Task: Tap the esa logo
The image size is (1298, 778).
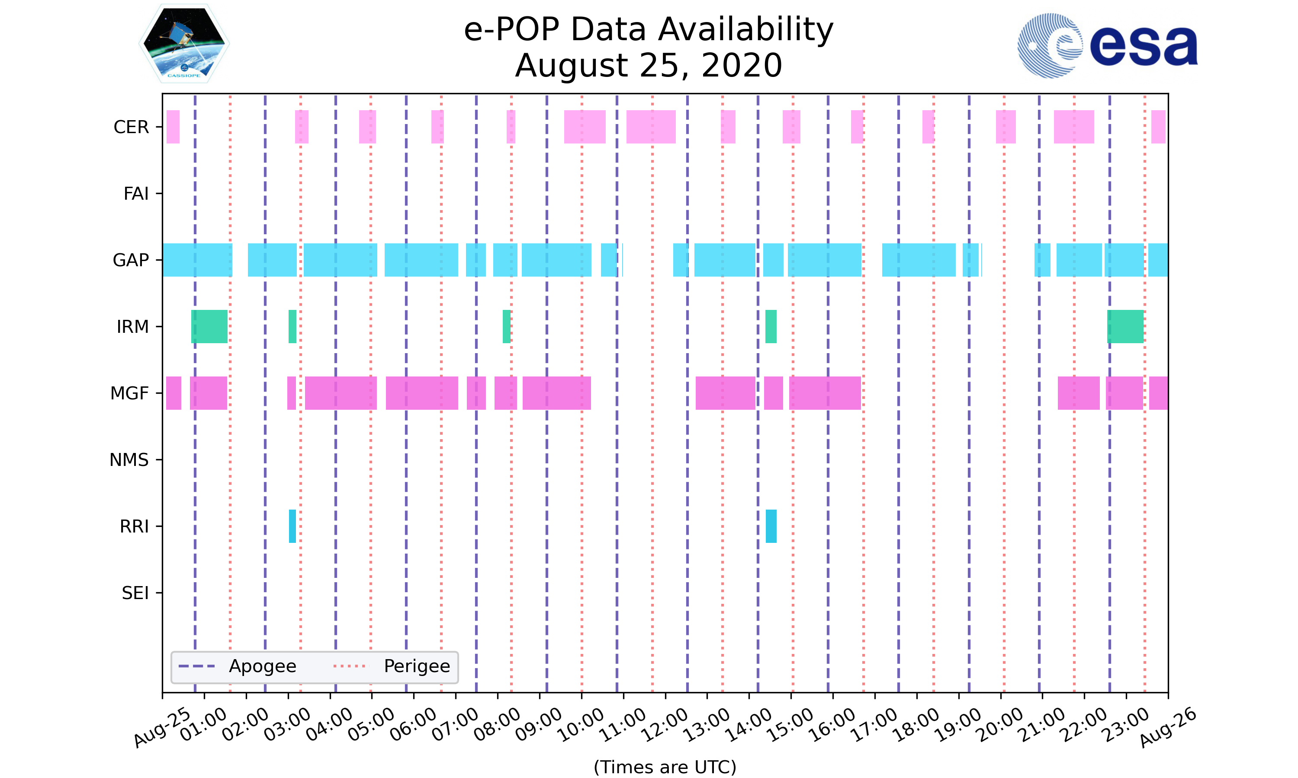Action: pyautogui.click(x=1107, y=46)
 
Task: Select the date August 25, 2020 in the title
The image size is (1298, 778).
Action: pyautogui.click(x=649, y=66)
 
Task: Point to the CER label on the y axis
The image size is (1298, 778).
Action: pyautogui.click(x=131, y=128)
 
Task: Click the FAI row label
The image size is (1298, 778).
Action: pyautogui.click(x=136, y=194)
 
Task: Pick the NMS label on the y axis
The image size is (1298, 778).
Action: pyautogui.click(x=129, y=460)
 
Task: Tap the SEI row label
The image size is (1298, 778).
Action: pyautogui.click(x=135, y=593)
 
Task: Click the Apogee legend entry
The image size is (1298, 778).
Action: pyautogui.click(x=238, y=666)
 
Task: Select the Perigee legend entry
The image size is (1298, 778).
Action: pyautogui.click(x=392, y=666)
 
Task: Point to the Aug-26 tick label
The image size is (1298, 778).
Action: pyautogui.click(x=1167, y=727)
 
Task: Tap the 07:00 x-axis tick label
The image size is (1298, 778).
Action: pyautogui.click(x=455, y=724)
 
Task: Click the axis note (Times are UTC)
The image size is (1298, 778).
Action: pyautogui.click(x=665, y=767)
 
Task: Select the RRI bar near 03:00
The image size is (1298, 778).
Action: pyautogui.click(x=292, y=526)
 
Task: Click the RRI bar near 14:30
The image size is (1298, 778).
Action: pyautogui.click(x=771, y=526)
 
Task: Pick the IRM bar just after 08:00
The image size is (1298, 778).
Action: pyautogui.click(x=506, y=327)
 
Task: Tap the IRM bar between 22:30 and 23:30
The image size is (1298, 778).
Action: pyautogui.click(x=1125, y=327)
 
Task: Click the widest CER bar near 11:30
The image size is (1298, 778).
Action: pyautogui.click(x=651, y=127)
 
